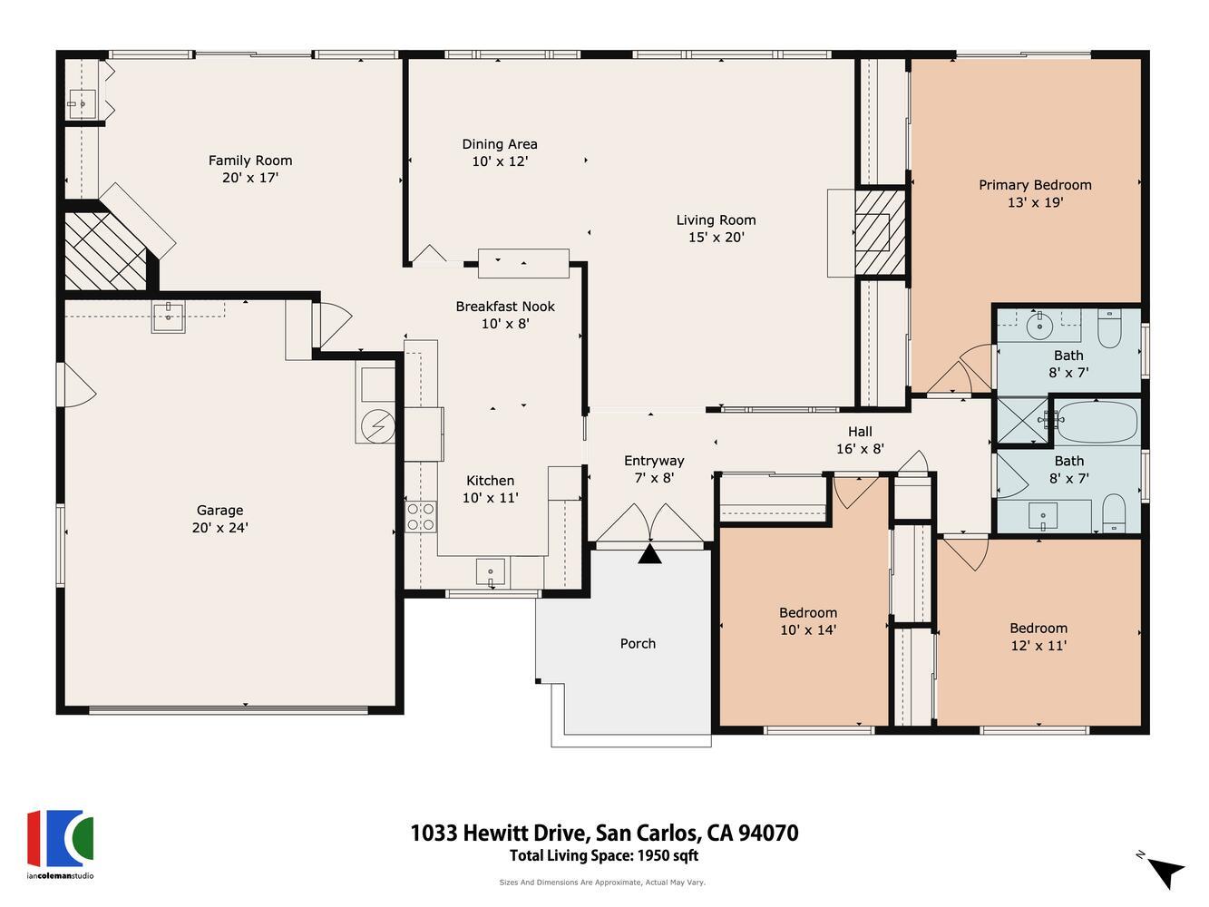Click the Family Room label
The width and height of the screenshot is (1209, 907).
(x=250, y=161)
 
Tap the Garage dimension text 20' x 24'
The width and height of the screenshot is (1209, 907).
(x=219, y=527)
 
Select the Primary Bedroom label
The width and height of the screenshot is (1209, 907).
(x=1035, y=185)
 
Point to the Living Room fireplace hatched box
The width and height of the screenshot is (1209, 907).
(x=874, y=232)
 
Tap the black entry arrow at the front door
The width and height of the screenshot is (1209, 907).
(x=649, y=554)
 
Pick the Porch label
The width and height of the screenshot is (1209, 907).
(x=638, y=643)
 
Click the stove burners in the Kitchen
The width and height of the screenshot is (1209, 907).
(x=420, y=517)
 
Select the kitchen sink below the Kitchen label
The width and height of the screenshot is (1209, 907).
(x=491, y=572)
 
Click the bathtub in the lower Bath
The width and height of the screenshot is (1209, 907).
(x=1096, y=422)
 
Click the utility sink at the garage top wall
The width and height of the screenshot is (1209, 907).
(x=168, y=317)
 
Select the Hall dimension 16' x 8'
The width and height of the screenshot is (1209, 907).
(x=860, y=448)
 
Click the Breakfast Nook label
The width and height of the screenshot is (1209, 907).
(x=505, y=307)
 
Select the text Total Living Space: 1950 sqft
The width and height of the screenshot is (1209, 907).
(x=603, y=855)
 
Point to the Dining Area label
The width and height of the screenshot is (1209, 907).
(x=499, y=144)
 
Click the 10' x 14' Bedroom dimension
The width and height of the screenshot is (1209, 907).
(x=808, y=629)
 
